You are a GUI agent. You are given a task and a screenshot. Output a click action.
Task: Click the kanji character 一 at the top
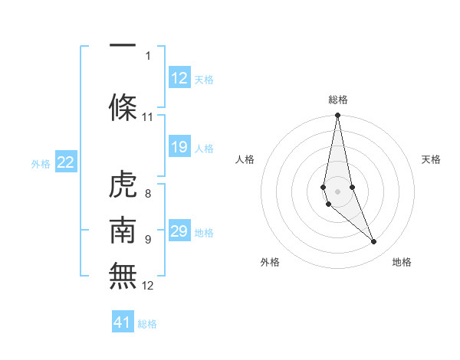(123, 45)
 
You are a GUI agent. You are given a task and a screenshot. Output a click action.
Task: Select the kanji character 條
(123, 106)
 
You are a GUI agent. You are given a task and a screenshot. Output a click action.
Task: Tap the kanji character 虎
(123, 185)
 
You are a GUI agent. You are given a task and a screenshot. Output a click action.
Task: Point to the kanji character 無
(123, 275)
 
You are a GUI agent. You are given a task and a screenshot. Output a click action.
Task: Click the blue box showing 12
(179, 77)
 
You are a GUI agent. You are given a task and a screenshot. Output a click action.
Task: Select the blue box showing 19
(179, 147)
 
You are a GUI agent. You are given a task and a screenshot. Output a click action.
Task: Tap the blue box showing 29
(179, 231)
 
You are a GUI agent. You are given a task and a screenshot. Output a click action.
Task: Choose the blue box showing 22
(66, 162)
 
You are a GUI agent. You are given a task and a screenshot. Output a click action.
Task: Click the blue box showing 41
(123, 322)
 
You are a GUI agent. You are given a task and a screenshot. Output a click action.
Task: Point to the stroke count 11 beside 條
(148, 117)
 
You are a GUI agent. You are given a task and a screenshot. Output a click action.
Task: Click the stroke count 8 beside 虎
(148, 194)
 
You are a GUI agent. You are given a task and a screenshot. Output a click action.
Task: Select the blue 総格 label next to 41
(147, 324)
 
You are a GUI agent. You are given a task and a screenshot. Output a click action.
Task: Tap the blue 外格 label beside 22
(41, 163)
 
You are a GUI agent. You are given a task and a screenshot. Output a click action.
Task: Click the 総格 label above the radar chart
(338, 100)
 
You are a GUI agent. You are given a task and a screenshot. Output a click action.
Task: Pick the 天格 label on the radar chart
(432, 159)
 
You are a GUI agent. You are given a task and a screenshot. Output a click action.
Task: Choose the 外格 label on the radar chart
(270, 262)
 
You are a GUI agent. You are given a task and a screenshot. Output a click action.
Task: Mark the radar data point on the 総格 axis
(337, 116)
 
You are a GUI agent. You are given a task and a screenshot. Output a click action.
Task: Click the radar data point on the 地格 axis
(373, 241)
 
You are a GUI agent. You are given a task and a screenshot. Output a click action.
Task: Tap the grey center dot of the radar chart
(337, 189)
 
